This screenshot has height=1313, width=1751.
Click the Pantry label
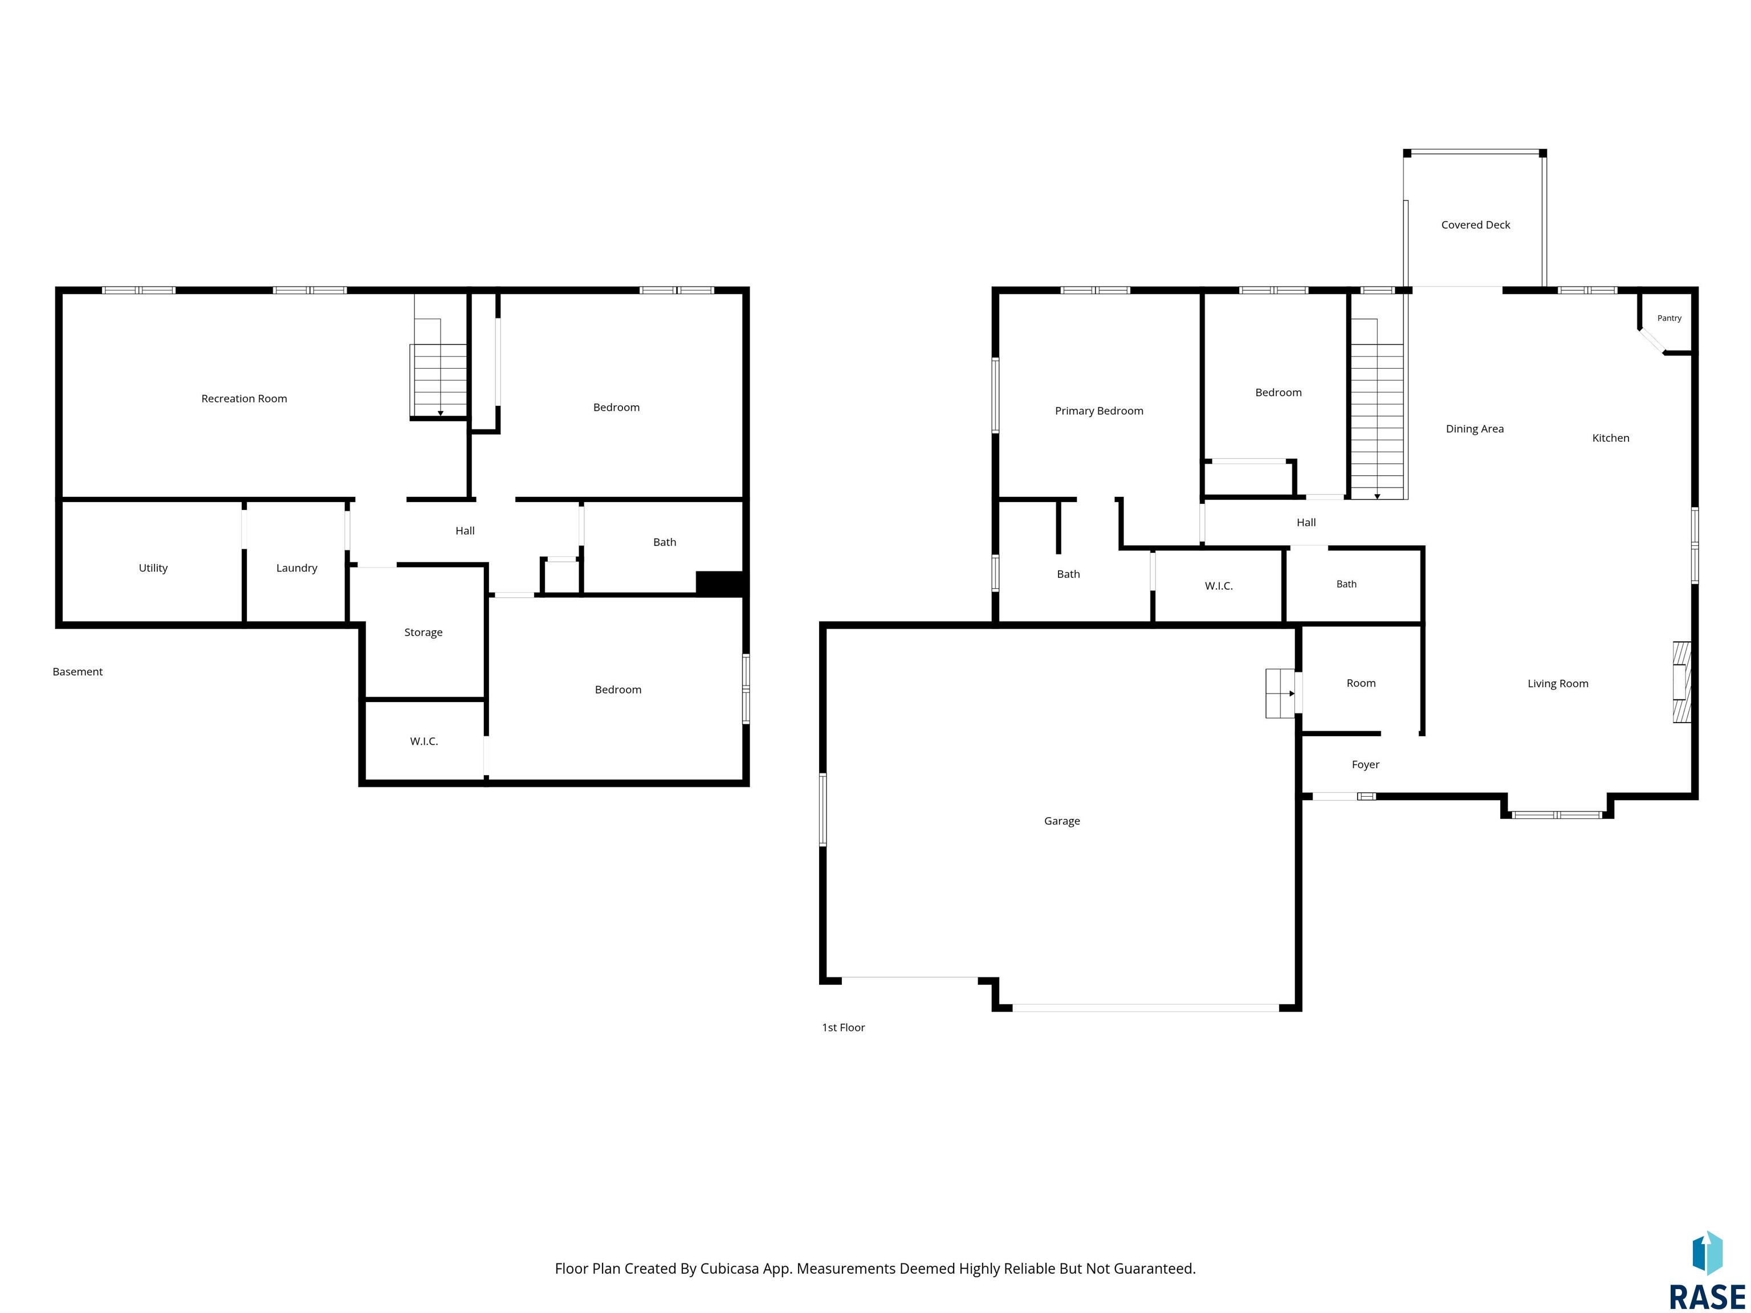(x=1669, y=318)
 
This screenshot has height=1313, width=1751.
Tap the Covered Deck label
(x=1476, y=225)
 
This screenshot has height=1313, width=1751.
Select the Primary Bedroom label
(x=1099, y=411)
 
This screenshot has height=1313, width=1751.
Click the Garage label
(x=1061, y=821)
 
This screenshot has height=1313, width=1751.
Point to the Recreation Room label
(x=244, y=398)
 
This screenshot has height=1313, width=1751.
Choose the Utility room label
(x=153, y=568)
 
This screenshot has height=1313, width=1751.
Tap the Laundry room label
(x=297, y=568)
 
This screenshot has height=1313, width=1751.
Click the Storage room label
(x=424, y=633)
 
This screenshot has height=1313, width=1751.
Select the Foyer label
(x=1366, y=765)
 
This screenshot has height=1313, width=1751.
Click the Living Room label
(x=1558, y=684)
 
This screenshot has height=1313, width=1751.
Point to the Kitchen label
(x=1611, y=438)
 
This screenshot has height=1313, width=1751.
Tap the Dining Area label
(x=1475, y=429)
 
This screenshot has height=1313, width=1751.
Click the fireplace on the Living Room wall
(x=1681, y=682)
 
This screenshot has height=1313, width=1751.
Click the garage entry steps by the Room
(x=1280, y=694)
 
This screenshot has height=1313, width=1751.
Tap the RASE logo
(x=1707, y=1270)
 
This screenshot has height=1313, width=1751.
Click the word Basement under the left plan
(x=78, y=672)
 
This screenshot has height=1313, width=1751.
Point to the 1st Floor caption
(x=843, y=1027)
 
